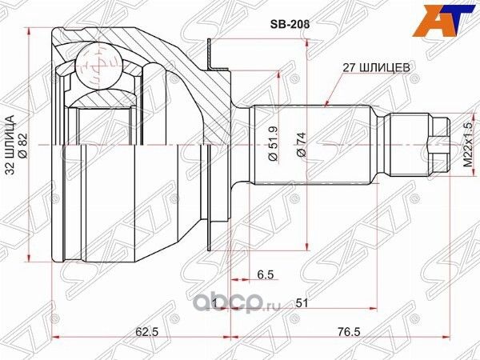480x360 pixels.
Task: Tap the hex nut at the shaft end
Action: [438, 145]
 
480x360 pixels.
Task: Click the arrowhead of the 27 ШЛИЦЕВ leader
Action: [329, 104]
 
